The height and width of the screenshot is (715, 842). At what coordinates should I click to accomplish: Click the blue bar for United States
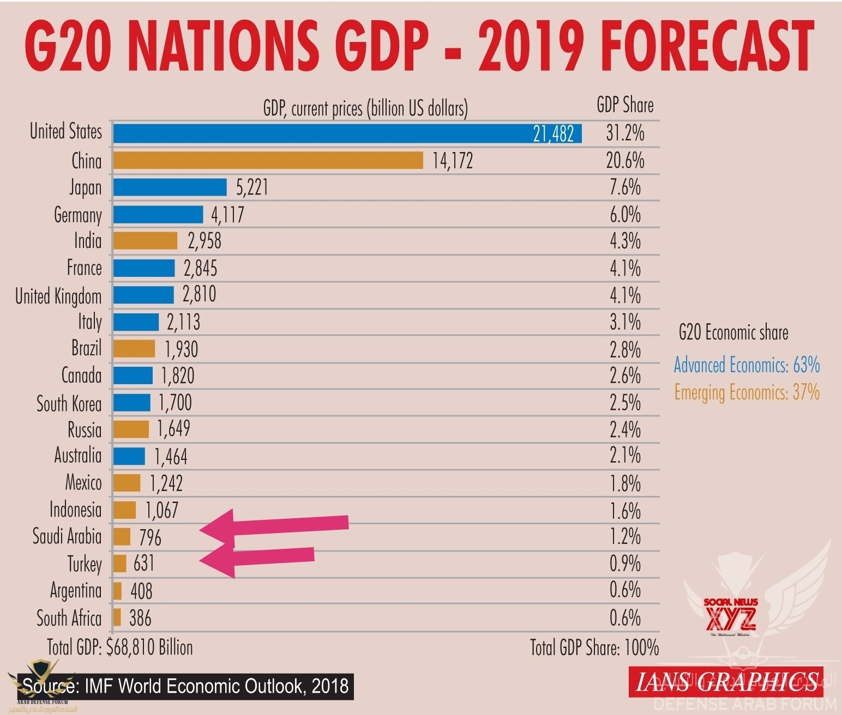click(x=347, y=134)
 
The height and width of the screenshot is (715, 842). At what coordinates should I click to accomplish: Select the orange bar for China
click(x=268, y=160)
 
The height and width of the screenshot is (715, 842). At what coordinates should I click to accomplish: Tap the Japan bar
click(x=170, y=187)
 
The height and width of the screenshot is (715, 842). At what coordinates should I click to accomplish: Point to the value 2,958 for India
click(x=205, y=241)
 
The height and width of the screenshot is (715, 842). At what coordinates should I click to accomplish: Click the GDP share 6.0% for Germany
click(x=625, y=215)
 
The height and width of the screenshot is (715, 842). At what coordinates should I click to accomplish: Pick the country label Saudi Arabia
click(x=67, y=536)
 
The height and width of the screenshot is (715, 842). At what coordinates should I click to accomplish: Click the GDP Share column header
click(x=625, y=105)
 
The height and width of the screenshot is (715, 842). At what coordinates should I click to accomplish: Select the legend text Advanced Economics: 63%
click(x=747, y=365)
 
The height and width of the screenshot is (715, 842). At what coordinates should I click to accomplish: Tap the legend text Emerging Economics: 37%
click(x=747, y=392)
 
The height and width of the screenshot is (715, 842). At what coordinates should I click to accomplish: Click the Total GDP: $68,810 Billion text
click(x=120, y=647)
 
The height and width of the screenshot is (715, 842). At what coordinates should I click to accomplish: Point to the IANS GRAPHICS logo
click(x=726, y=682)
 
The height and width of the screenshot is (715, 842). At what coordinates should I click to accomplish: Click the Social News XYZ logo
click(x=731, y=616)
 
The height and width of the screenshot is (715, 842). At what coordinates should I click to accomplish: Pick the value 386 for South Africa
click(x=140, y=618)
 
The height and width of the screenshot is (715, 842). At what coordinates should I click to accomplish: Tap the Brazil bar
click(x=134, y=349)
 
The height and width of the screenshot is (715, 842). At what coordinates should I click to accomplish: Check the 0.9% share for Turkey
click(x=625, y=563)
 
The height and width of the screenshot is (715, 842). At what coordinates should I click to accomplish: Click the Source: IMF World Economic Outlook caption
click(x=185, y=686)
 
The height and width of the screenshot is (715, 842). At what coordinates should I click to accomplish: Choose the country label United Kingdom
click(x=58, y=296)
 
